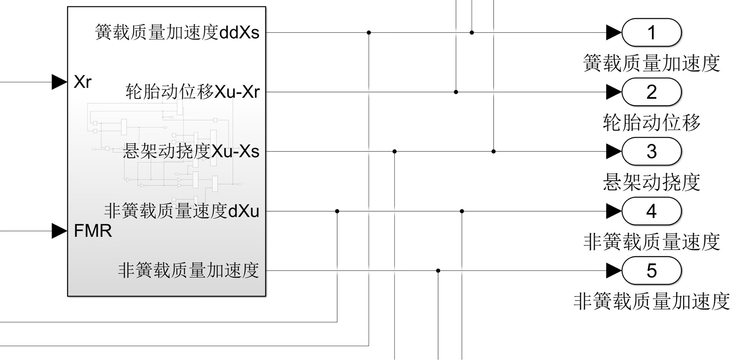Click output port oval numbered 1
pyautogui.click(x=651, y=33)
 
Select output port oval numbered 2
pyautogui.click(x=651, y=92)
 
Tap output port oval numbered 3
pyautogui.click(x=651, y=152)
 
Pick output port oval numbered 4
pyautogui.click(x=651, y=211)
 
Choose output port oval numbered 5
pyautogui.click(x=651, y=271)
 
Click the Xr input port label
pyautogui.click(x=83, y=82)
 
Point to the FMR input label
pyautogui.click(x=93, y=231)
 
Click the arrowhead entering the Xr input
pyautogui.click(x=59, y=82)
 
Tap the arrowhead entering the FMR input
pyautogui.click(x=59, y=231)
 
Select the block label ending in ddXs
pyautogui.click(x=177, y=33)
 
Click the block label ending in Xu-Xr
pyautogui.click(x=193, y=92)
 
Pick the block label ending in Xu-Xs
pyautogui.click(x=191, y=152)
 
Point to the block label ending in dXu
pyautogui.click(x=181, y=211)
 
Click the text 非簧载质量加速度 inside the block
pyautogui.click(x=188, y=271)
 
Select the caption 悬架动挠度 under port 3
pyautogui.click(x=651, y=182)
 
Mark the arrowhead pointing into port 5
pyautogui.click(x=613, y=271)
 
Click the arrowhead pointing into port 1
pyautogui.click(x=613, y=33)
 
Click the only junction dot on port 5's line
pyautogui.click(x=438, y=271)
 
